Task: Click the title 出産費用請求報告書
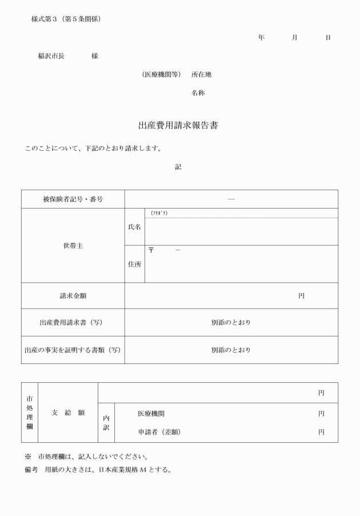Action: pyautogui.click(x=178, y=126)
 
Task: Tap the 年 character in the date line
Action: pyautogui.click(x=261, y=38)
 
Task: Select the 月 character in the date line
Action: pyautogui.click(x=294, y=38)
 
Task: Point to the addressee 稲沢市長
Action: pyautogui.click(x=51, y=56)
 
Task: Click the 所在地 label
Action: pyautogui.click(x=201, y=74)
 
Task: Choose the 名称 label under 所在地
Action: pyautogui.click(x=198, y=93)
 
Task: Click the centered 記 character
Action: pyautogui.click(x=178, y=167)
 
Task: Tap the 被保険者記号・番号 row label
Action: pyautogui.click(x=73, y=199)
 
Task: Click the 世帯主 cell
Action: pyautogui.click(x=73, y=246)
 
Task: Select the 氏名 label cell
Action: pyautogui.click(x=134, y=227)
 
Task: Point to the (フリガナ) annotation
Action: pyautogui.click(x=159, y=213)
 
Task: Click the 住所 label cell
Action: pyautogui.click(x=134, y=264)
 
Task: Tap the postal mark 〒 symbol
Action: pyautogui.click(x=151, y=250)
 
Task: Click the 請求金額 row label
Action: pyautogui.click(x=73, y=296)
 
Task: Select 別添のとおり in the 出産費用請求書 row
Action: pyautogui.click(x=231, y=322)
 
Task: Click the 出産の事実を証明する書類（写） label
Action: pyautogui.click(x=73, y=350)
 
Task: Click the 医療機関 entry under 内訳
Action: pyautogui.click(x=151, y=413)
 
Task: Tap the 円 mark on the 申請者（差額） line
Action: pyautogui.click(x=321, y=432)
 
